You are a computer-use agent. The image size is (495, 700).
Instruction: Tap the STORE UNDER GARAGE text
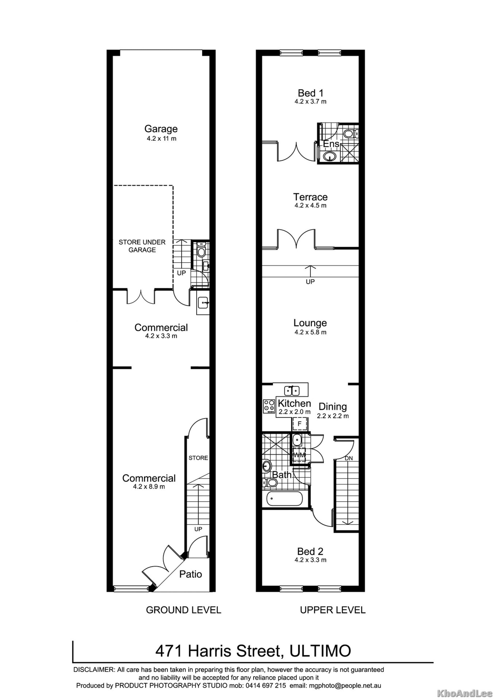click(x=142, y=246)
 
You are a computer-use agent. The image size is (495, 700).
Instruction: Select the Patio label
click(x=191, y=574)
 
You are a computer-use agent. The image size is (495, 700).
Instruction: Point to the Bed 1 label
click(x=310, y=93)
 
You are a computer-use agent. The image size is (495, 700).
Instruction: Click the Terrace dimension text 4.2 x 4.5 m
click(x=310, y=205)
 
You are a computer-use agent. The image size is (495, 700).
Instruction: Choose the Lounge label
click(x=310, y=323)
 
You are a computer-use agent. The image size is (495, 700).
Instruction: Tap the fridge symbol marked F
click(x=300, y=424)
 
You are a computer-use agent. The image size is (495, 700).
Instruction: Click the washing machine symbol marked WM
click(x=299, y=455)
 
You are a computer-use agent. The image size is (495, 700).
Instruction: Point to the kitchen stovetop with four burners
click(x=269, y=406)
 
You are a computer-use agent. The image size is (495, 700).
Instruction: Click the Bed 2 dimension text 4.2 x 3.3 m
click(x=310, y=560)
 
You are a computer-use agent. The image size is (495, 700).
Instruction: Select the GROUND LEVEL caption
click(x=184, y=610)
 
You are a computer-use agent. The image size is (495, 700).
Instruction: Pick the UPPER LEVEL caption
click(x=333, y=610)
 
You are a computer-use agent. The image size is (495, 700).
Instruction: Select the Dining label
click(x=333, y=407)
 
